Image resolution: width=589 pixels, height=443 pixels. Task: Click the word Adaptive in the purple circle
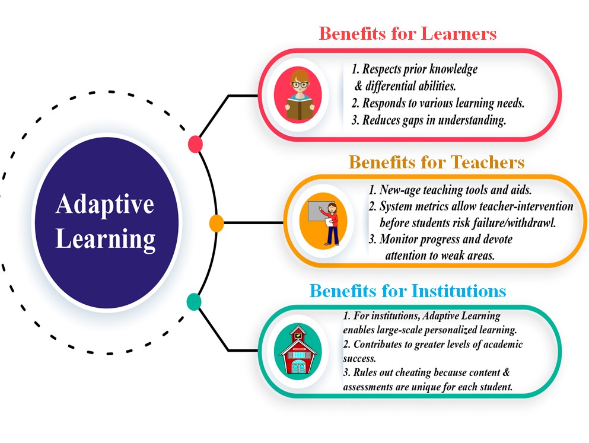105,205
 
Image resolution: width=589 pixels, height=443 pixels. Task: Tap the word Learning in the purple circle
105,240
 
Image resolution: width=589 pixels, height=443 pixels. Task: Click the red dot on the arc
195,144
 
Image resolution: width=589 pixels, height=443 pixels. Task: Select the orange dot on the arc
217,224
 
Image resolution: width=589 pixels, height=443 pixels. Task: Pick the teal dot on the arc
194,301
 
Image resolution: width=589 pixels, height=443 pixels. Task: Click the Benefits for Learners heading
407,33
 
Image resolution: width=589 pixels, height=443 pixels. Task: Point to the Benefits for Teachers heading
437,162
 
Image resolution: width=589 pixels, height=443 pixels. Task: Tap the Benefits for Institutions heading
408,291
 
